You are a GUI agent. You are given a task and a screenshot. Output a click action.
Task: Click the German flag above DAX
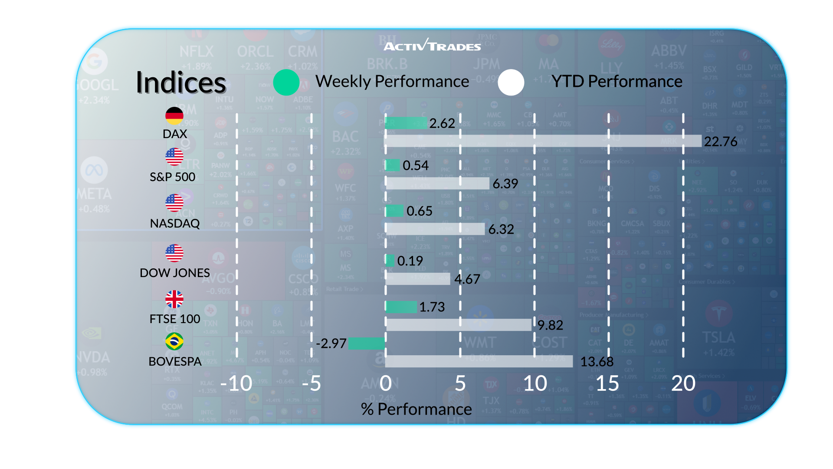click(x=174, y=116)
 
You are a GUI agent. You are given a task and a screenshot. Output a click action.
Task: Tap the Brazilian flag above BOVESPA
click(x=174, y=341)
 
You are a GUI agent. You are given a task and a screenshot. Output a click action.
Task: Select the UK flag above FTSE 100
click(x=174, y=299)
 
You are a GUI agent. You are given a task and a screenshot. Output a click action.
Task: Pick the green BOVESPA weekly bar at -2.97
click(x=367, y=343)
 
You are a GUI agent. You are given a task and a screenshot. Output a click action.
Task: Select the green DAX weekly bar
click(x=406, y=123)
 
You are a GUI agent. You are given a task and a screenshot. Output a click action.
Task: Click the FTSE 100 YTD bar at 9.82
click(x=459, y=325)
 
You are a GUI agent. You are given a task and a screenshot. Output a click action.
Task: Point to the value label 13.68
click(x=597, y=361)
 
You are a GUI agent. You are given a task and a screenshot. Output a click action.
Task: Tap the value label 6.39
click(x=505, y=184)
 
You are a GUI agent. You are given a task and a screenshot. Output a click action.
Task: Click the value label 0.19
click(x=410, y=261)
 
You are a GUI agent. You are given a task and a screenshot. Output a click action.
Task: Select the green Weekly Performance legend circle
click(x=286, y=82)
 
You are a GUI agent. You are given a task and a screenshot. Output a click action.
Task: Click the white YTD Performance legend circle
click(x=511, y=82)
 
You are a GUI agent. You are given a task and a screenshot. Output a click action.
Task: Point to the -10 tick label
click(x=236, y=383)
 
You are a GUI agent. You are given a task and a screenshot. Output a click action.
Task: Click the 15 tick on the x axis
click(x=607, y=383)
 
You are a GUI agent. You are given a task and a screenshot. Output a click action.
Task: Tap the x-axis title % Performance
click(x=416, y=409)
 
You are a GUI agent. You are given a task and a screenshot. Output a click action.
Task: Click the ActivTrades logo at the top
click(x=432, y=45)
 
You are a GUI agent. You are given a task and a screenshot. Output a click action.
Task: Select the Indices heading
click(x=181, y=82)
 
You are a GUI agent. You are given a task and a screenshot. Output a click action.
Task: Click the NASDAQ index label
click(x=175, y=223)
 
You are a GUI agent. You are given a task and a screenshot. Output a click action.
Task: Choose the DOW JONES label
click(x=175, y=273)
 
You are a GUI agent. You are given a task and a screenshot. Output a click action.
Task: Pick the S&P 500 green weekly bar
click(x=393, y=165)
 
